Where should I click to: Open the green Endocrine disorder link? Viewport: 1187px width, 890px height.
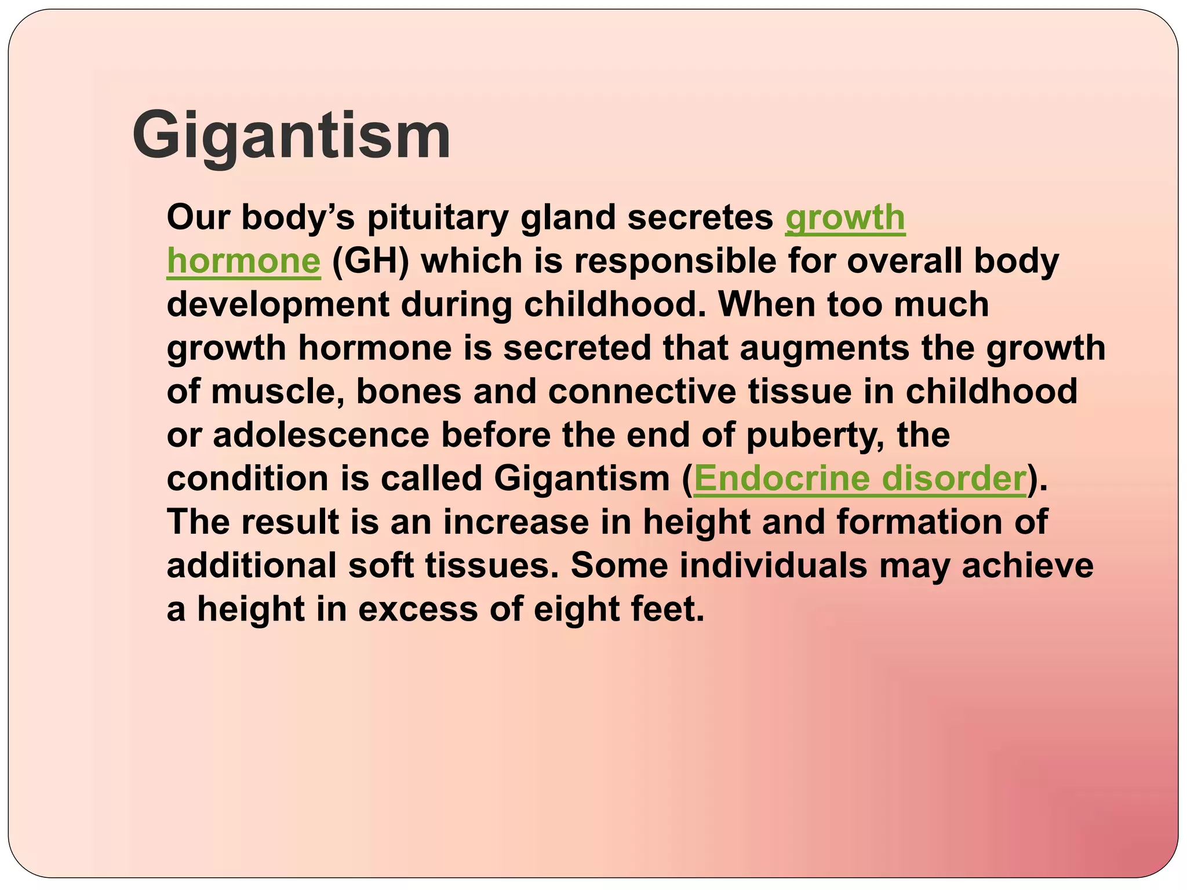[x=859, y=479]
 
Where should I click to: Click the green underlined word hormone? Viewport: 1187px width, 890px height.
[x=243, y=261]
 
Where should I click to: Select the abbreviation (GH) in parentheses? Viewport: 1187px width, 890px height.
[x=370, y=261]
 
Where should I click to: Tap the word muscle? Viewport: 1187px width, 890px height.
[x=277, y=392]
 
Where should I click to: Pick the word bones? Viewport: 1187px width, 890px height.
[x=409, y=392]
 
